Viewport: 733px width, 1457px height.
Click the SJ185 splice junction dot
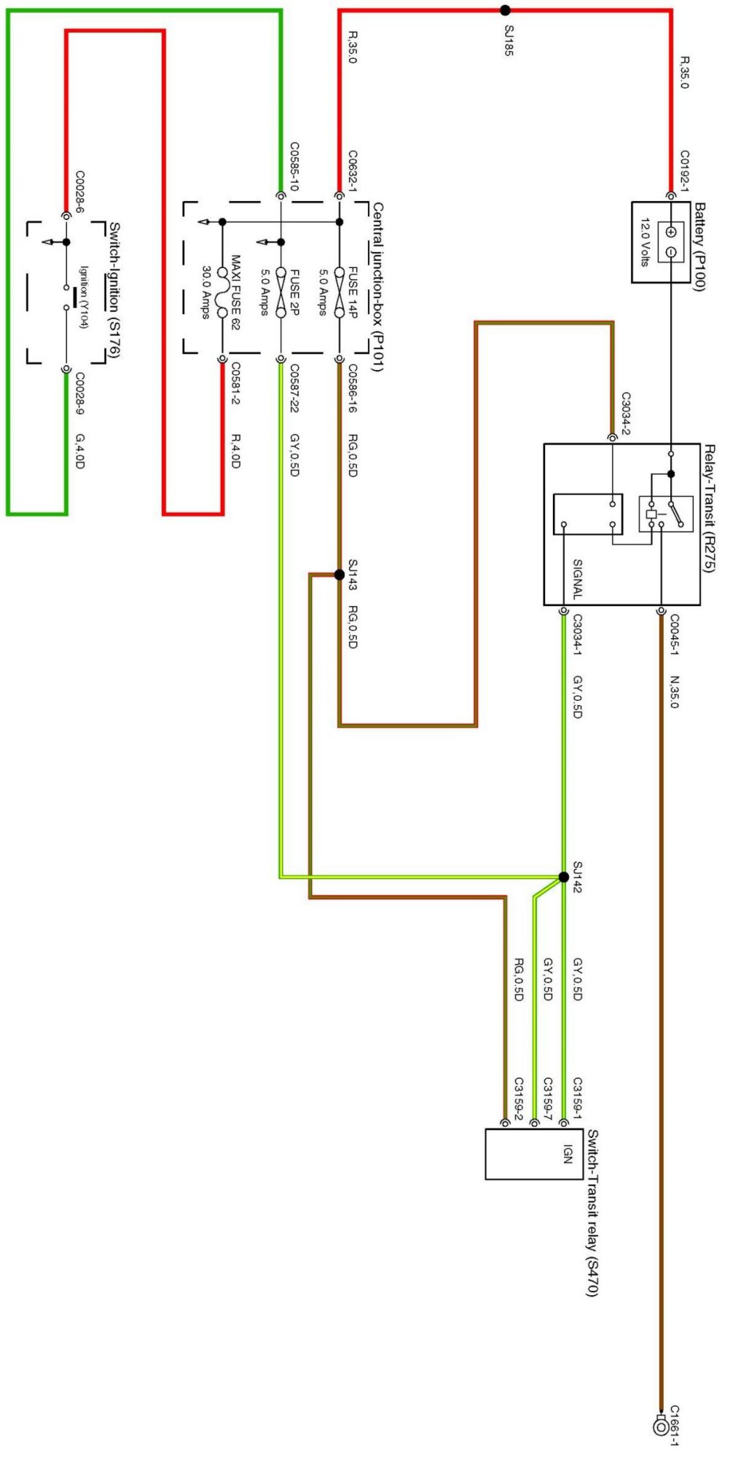tap(505, 10)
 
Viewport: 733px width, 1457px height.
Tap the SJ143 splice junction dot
tap(339, 575)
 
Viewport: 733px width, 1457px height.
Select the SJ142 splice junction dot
tap(563, 877)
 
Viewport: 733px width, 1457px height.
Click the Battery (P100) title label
tap(699, 247)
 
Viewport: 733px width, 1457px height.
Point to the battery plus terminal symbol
tap(671, 232)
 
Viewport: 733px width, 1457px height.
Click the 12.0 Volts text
tap(645, 242)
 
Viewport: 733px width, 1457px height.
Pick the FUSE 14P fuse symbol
tap(340, 294)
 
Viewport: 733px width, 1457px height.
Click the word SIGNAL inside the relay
tap(577, 579)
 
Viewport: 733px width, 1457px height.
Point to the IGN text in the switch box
tap(568, 1154)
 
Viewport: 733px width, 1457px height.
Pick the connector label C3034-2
tap(625, 413)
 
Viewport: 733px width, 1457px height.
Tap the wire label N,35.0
tap(674, 691)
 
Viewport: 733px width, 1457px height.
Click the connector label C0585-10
tap(294, 166)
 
